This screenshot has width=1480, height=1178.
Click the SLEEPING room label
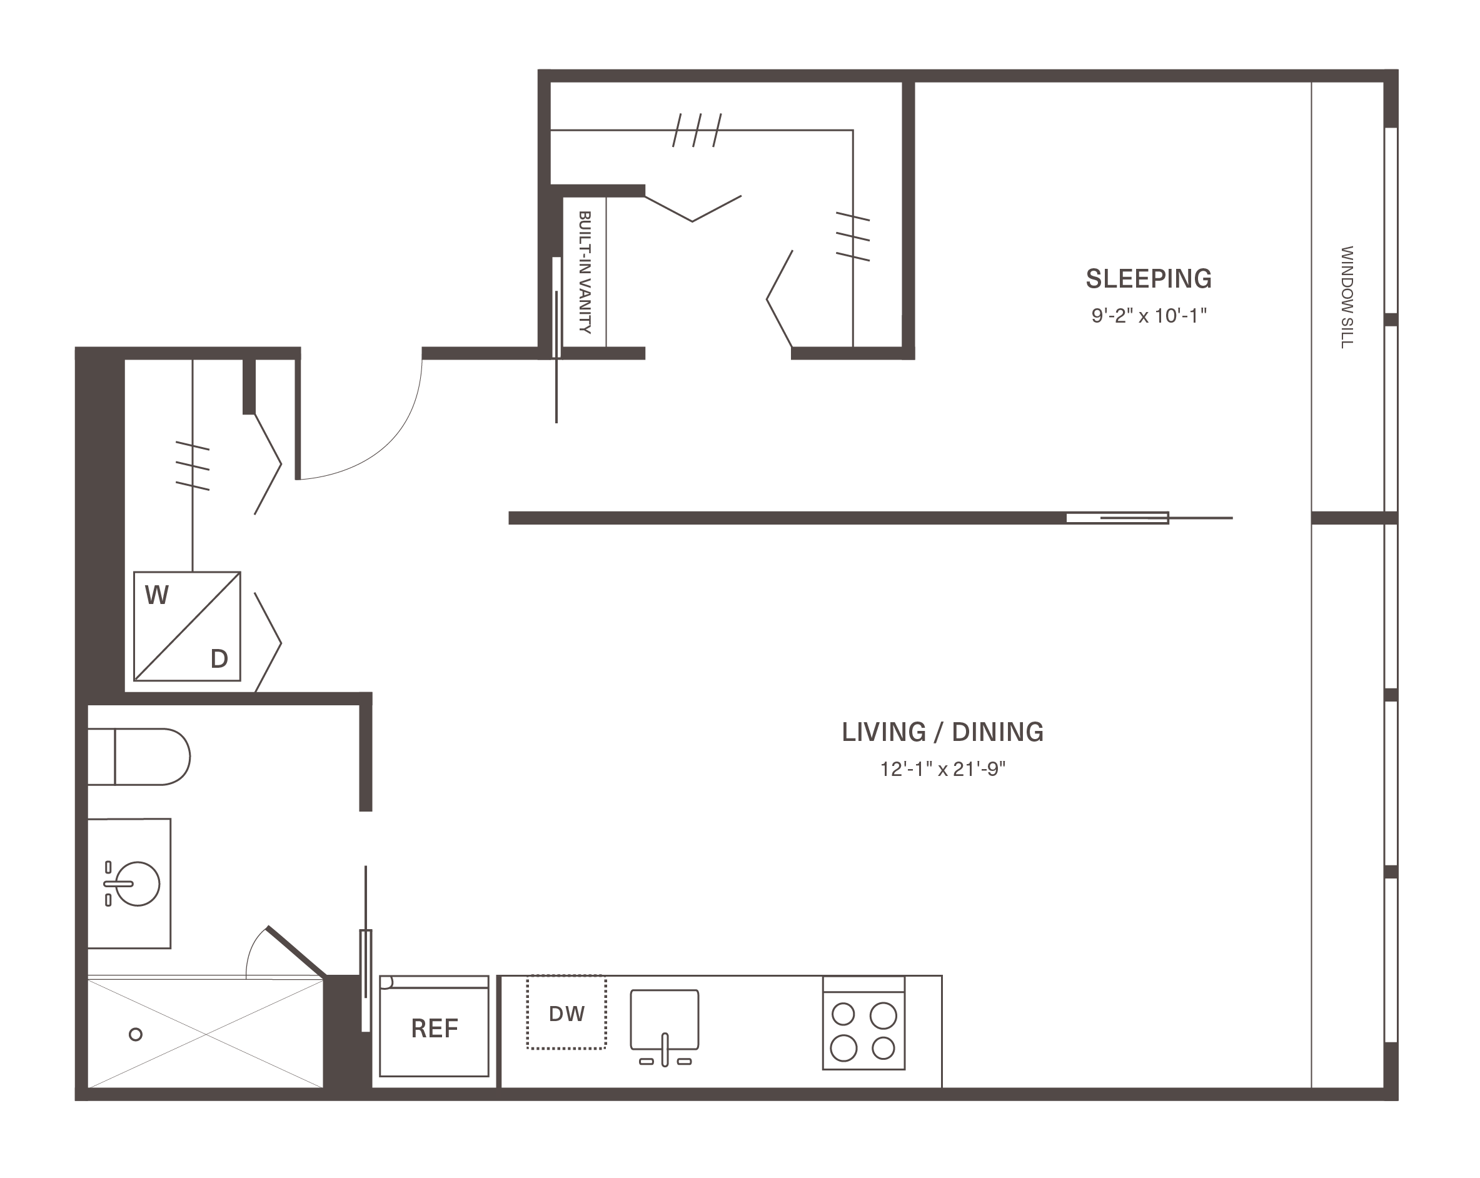point(1149,279)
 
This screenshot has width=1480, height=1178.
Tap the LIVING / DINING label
point(942,732)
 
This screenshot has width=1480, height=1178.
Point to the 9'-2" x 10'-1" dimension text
point(1149,316)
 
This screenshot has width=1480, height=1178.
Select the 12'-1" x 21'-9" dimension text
point(942,769)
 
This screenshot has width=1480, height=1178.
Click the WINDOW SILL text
point(1347,297)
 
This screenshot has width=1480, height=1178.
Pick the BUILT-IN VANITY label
point(585,272)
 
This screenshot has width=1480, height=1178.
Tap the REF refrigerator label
point(435,1029)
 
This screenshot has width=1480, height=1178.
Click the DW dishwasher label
point(567,1014)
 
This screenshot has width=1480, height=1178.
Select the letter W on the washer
point(156,595)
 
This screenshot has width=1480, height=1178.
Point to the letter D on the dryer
point(219,659)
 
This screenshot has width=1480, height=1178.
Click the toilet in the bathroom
point(139,757)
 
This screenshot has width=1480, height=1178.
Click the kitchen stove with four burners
point(863,1023)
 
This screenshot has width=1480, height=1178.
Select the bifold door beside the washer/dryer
point(268,643)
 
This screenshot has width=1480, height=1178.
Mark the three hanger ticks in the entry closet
point(192,466)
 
